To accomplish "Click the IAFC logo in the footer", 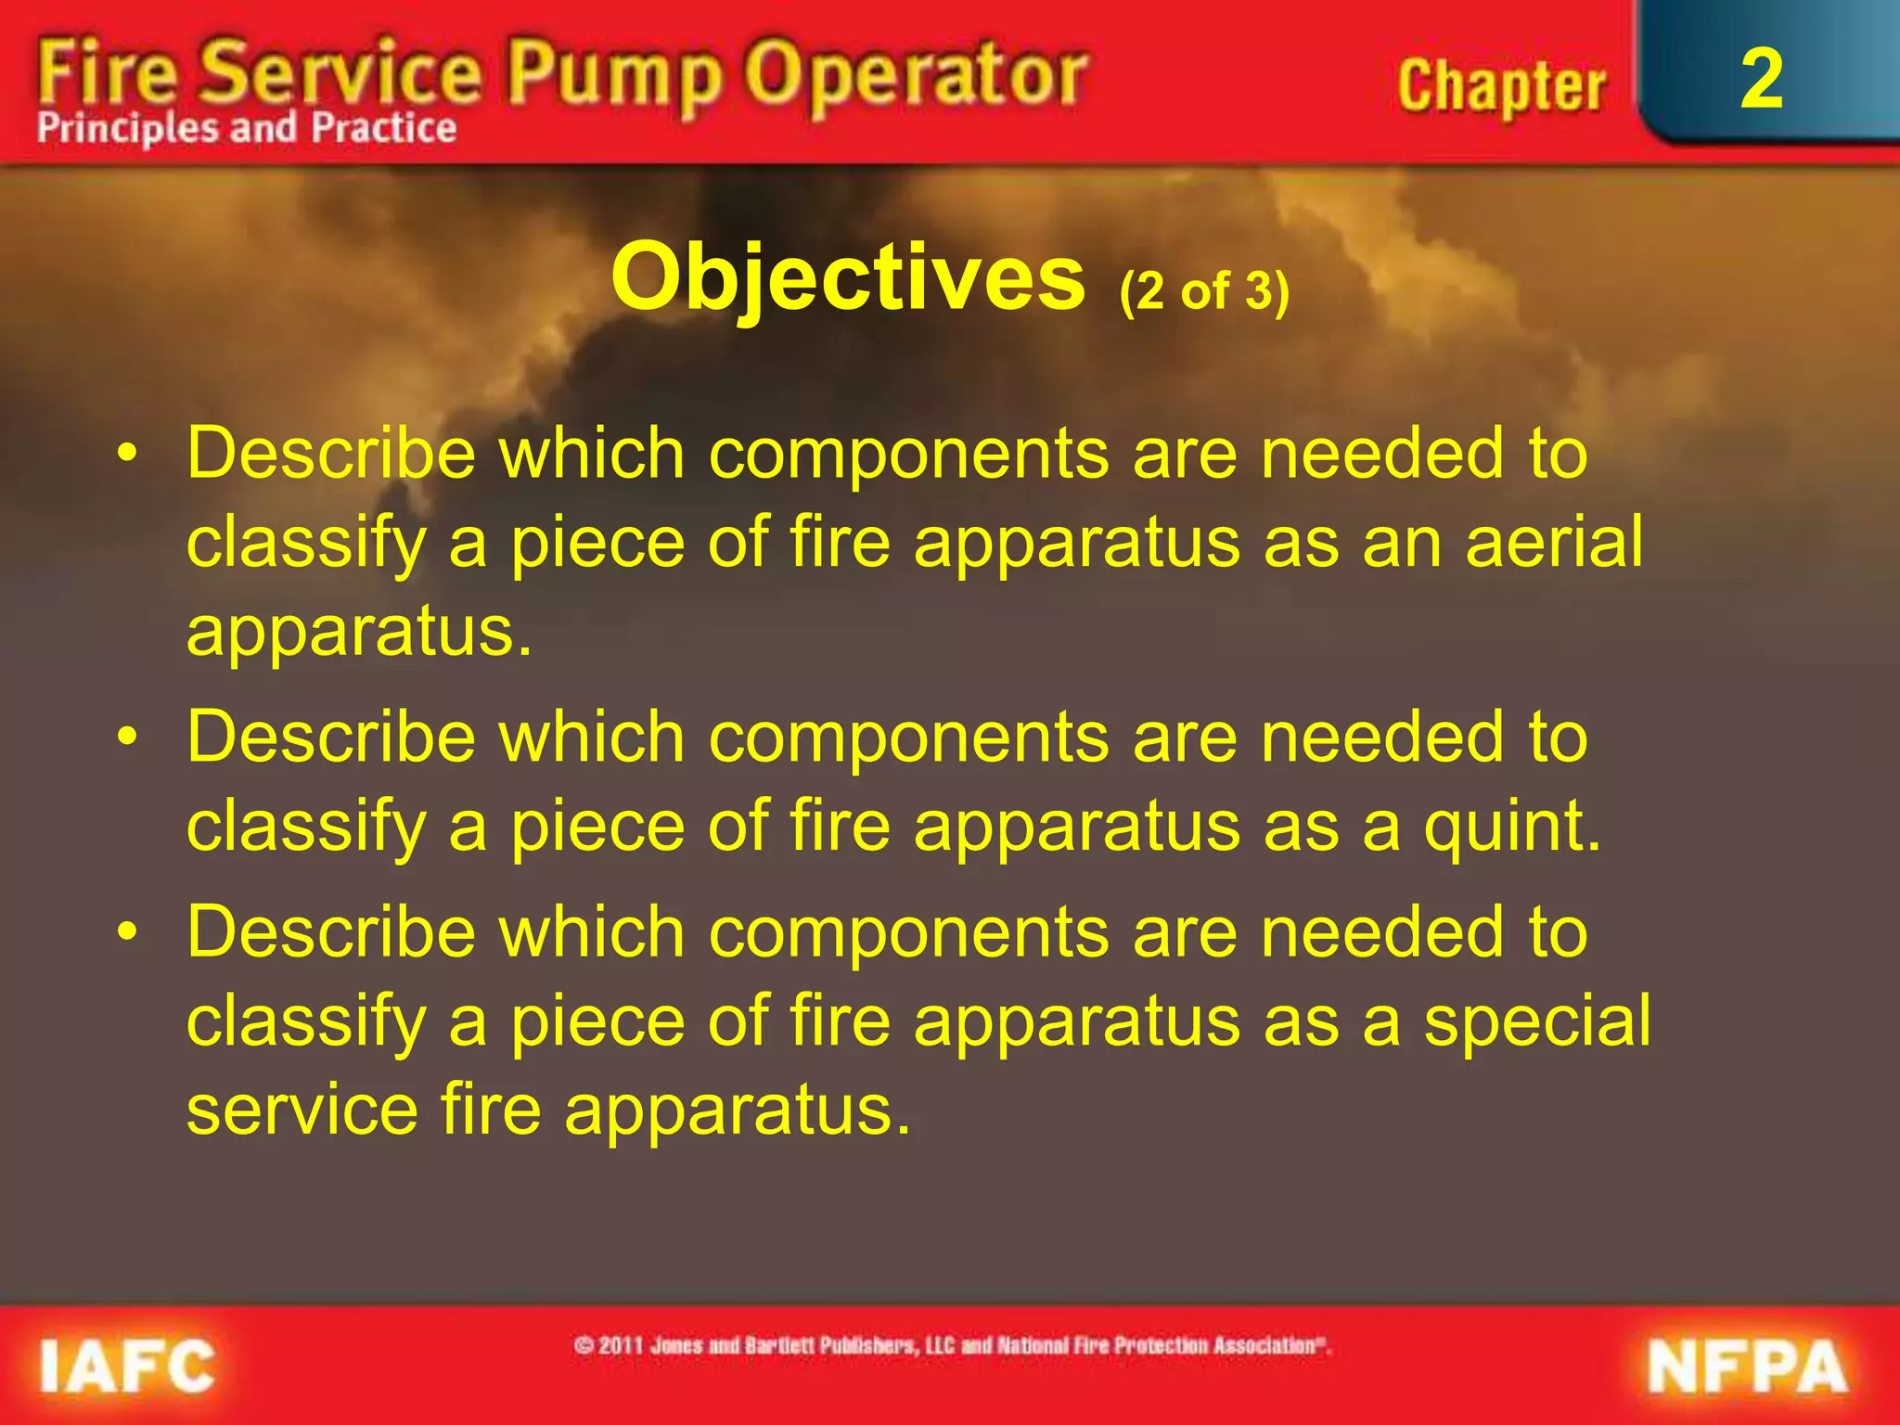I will [127, 1366].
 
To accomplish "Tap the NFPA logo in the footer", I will [1747, 1367].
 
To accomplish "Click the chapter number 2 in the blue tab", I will [1761, 80].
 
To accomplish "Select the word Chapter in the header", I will [1500, 87].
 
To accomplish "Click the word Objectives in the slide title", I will [848, 276].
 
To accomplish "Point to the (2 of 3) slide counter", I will [1204, 291].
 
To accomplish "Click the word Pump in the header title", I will [615, 76].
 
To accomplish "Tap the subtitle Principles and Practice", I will [247, 128].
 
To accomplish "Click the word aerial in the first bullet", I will [1554, 542].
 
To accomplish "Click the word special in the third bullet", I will [1537, 1021].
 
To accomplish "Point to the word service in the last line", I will [302, 1110].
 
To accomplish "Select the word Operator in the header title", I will [918, 76].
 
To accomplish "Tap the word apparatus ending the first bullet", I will [359, 631].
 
